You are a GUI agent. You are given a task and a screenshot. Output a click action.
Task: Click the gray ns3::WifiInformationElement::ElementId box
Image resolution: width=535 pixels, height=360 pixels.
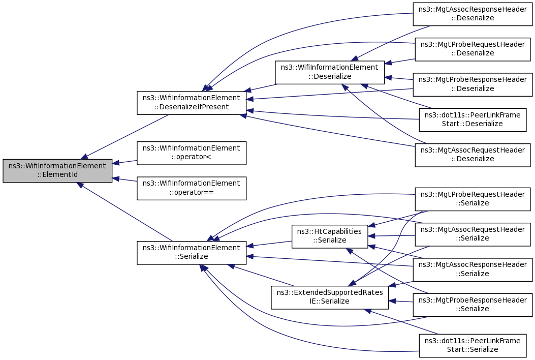point(57,170)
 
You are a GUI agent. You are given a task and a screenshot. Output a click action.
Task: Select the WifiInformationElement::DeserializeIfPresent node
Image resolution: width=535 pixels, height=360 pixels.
point(192,103)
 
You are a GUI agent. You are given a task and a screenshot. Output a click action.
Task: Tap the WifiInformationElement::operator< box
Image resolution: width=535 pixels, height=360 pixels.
point(192,153)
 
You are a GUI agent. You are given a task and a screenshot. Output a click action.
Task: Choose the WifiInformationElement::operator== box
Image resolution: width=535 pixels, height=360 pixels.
point(192,188)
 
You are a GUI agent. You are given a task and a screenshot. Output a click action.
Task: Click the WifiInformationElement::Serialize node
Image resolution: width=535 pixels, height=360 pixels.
point(192,252)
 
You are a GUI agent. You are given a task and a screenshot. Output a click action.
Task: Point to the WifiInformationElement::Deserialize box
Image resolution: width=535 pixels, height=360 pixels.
point(330,72)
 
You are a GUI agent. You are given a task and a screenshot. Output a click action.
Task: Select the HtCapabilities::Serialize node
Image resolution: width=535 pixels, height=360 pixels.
point(330,236)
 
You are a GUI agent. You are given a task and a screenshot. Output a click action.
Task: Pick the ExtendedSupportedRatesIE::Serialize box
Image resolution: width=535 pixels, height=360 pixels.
point(330,297)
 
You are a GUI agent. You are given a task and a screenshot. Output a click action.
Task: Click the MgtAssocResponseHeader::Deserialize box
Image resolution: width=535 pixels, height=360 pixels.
point(473,14)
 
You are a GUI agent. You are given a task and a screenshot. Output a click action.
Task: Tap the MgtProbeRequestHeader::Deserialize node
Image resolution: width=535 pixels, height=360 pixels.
point(473,49)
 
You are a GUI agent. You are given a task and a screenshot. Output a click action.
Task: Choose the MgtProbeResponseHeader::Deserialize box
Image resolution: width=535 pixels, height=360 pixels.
point(473,84)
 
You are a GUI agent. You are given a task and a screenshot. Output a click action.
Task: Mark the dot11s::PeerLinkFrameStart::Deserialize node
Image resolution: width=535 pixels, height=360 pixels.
point(473,119)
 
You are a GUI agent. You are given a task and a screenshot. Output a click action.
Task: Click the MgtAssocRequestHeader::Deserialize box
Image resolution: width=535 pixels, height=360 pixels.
point(473,155)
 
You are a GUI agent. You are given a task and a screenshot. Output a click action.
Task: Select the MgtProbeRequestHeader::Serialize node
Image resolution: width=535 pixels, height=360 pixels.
point(473,199)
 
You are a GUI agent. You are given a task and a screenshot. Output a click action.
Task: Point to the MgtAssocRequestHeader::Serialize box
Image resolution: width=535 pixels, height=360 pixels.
point(473,234)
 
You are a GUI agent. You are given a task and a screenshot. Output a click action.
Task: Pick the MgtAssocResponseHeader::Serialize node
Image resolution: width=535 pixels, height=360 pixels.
point(473,269)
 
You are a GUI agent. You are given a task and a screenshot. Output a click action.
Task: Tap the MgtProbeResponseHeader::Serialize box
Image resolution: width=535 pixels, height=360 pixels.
point(473,305)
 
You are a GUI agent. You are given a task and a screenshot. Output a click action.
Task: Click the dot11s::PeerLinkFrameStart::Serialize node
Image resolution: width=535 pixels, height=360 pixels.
point(473,346)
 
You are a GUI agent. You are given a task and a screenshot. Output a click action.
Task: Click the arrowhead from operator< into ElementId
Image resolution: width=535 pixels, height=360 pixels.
point(116,163)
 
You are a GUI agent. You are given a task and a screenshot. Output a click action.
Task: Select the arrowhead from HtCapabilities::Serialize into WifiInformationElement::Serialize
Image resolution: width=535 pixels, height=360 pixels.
point(250,246)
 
